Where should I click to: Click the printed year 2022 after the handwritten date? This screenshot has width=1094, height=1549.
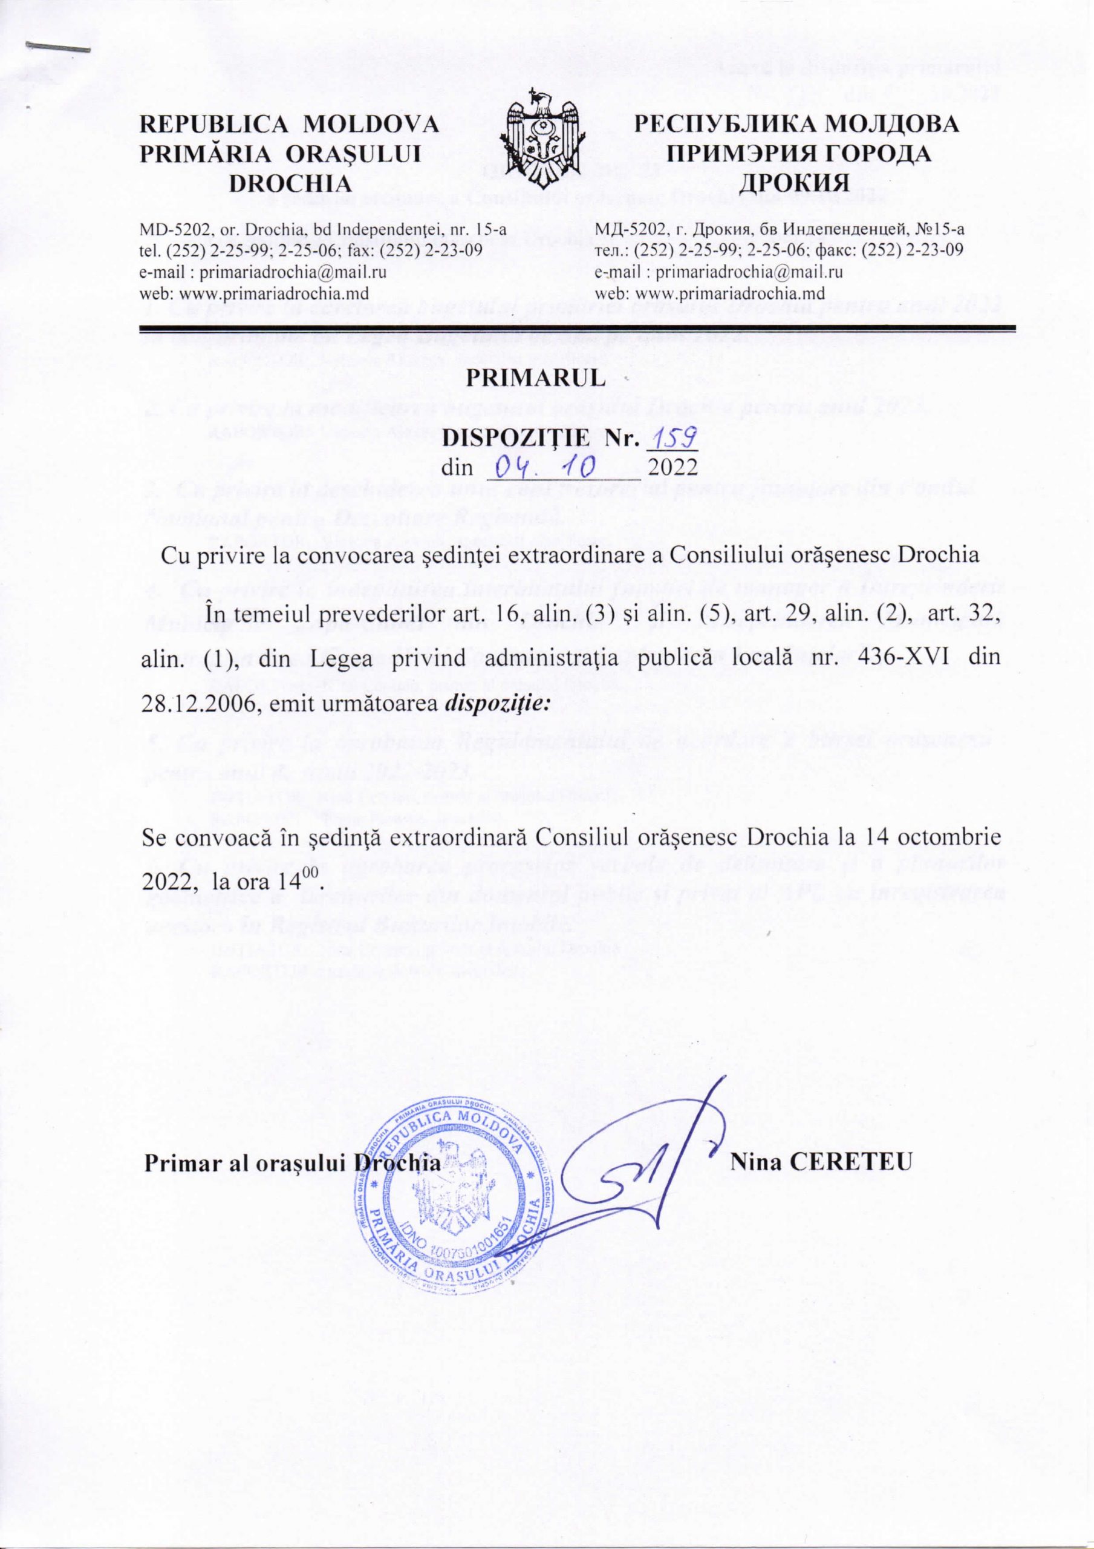(672, 467)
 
